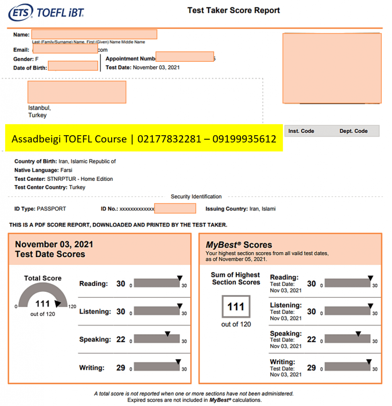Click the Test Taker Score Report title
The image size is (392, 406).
click(x=233, y=11)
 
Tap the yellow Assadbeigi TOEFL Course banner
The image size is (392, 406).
click(x=144, y=139)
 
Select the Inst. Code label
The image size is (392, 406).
click(x=301, y=131)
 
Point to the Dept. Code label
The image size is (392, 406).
click(x=353, y=131)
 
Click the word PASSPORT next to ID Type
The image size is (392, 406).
click(x=51, y=209)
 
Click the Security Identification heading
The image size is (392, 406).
click(x=196, y=197)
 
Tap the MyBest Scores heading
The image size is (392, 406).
click(x=239, y=245)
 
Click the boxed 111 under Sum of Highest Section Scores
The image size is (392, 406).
click(x=235, y=306)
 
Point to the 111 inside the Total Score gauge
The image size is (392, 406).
click(x=42, y=304)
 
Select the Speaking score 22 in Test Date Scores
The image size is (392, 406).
click(x=121, y=339)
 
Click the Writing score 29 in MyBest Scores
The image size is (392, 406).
click(x=312, y=368)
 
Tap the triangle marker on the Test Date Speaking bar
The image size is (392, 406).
click(x=167, y=334)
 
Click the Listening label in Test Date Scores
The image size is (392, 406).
click(x=95, y=312)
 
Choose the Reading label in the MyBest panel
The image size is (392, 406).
click(x=284, y=277)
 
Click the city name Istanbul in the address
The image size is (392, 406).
click(x=39, y=108)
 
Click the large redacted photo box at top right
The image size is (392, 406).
click(x=332, y=68)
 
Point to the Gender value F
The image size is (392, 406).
click(x=37, y=59)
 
